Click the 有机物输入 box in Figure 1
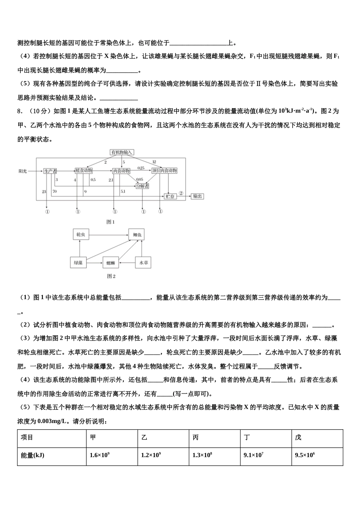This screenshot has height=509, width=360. point(122,152)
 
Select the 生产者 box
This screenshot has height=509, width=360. point(50,171)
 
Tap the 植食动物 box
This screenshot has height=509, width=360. point(84,171)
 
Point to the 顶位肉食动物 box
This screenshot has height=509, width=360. point(164,171)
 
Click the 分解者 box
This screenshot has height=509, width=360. point(142,186)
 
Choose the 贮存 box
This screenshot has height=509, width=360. point(170,196)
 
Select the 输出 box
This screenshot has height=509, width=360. point(197,196)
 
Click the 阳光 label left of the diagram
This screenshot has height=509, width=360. point(23,171)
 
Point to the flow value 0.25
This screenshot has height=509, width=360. point(141,168)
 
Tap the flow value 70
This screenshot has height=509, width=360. point(55,192)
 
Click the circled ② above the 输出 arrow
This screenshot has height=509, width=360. point(181,193)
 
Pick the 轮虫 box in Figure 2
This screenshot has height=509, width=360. point(81,235)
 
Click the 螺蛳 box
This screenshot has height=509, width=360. point(111,262)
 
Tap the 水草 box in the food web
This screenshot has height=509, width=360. point(144,262)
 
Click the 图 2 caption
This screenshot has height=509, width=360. point(111,276)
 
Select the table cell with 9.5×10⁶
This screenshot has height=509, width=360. point(317,455)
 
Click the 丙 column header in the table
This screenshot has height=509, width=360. point(214,438)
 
